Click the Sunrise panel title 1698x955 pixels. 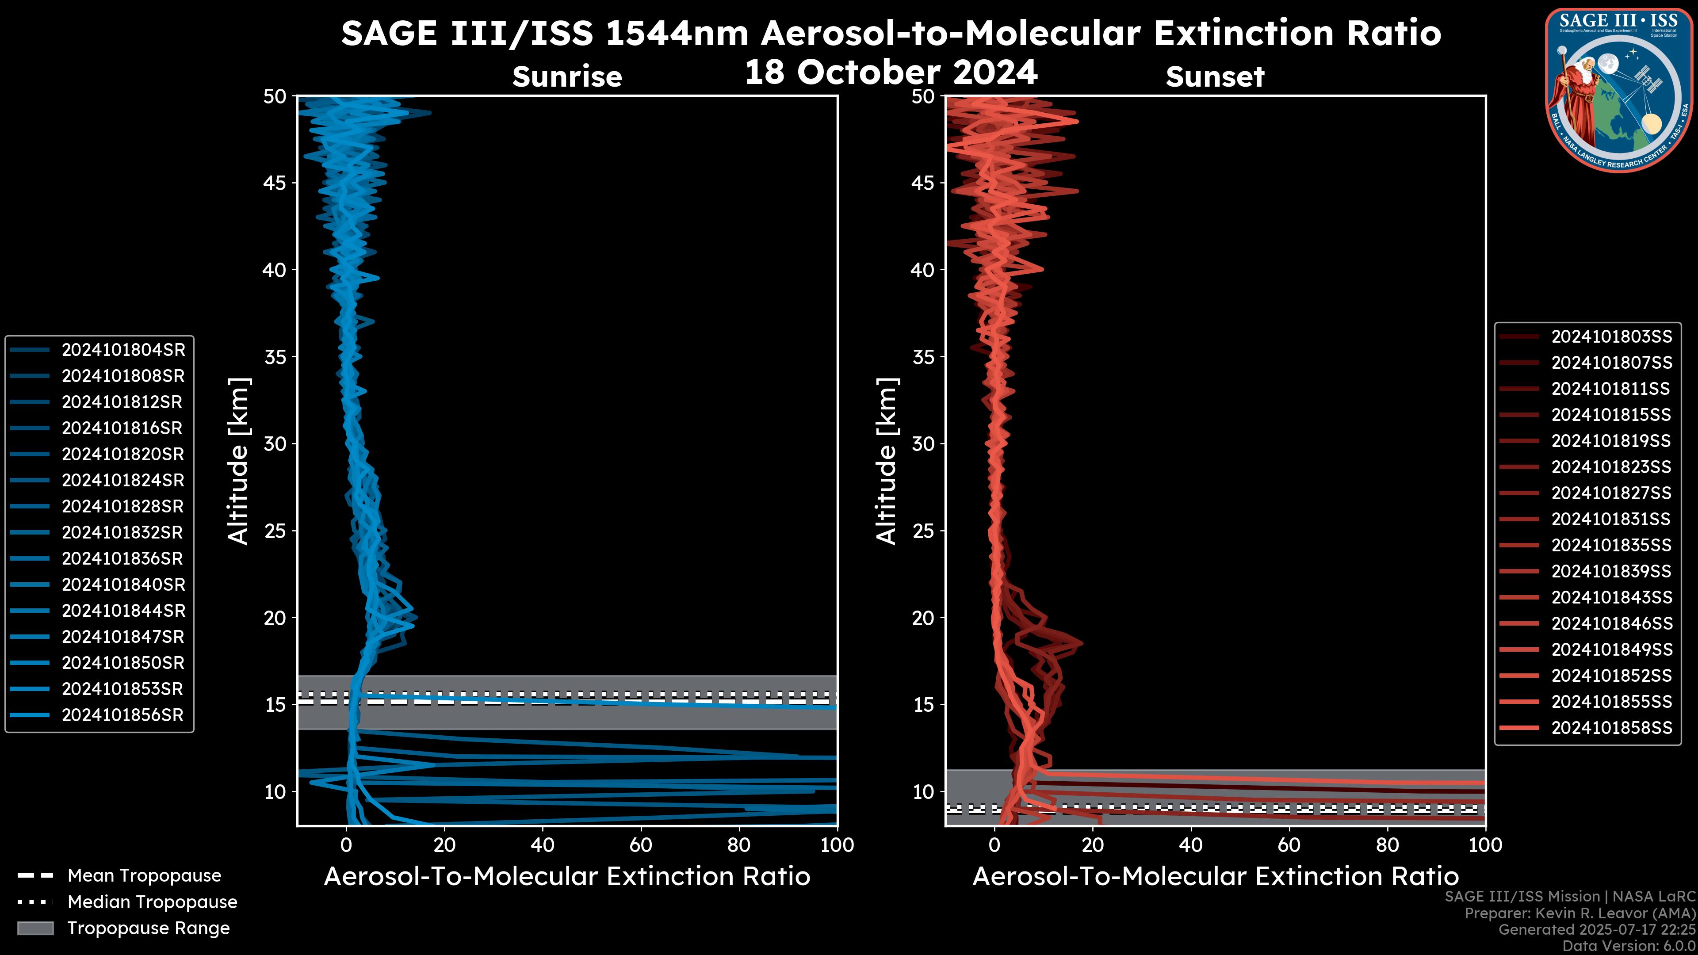point(567,77)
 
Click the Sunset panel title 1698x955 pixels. point(1215,77)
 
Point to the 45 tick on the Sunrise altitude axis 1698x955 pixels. point(275,183)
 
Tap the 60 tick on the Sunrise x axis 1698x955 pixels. point(641,845)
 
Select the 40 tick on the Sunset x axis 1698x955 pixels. point(1190,845)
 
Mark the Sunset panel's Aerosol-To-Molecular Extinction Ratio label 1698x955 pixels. point(1215,877)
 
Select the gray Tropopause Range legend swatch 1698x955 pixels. point(35,928)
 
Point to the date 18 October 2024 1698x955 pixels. point(891,73)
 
